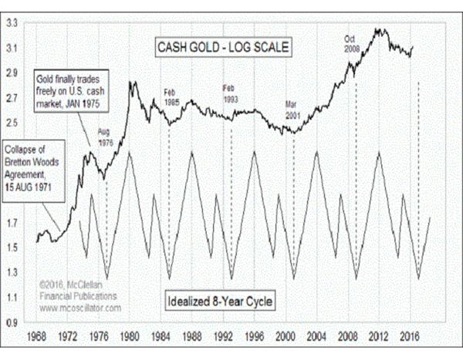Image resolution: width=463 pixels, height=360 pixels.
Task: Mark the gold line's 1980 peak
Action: (133, 82)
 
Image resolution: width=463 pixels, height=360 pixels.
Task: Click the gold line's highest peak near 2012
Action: (379, 29)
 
